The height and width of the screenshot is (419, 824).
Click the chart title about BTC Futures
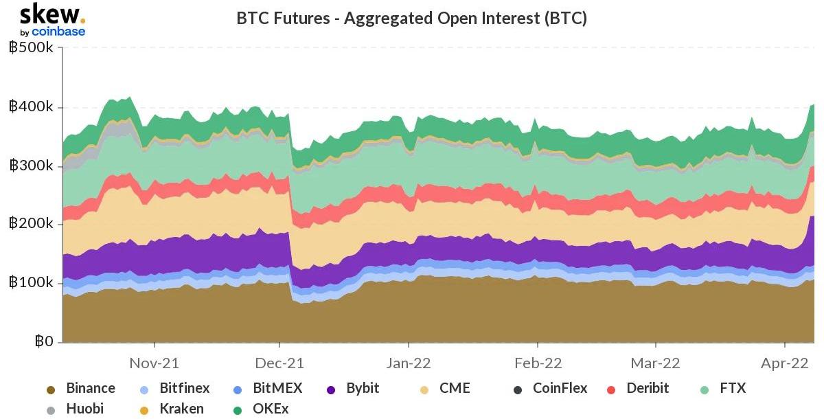click(411, 18)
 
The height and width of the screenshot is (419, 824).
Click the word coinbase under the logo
click(58, 32)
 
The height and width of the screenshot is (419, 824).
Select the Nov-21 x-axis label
click(154, 362)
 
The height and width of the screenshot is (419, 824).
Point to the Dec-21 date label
click(279, 362)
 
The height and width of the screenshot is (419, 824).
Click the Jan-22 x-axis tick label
click(409, 362)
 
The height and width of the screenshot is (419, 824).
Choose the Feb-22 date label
click(538, 362)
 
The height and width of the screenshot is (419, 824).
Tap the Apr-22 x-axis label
click(786, 362)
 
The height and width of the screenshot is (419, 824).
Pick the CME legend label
click(455, 388)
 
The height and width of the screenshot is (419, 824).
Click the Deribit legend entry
click(647, 388)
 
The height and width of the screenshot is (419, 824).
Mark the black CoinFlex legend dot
click(518, 389)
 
